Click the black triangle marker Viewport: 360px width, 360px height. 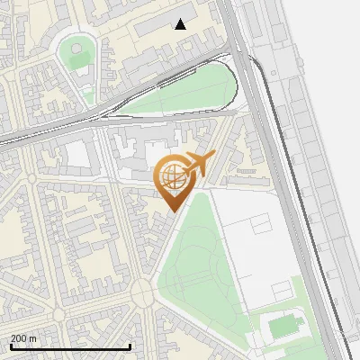[181, 24]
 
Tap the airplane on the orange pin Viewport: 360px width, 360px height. [199, 164]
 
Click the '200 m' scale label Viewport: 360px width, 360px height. [24, 338]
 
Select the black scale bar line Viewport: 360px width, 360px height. [70, 346]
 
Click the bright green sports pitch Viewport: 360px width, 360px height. [286, 326]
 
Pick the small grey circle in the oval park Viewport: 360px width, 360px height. [76, 48]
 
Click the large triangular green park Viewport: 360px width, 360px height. [202, 270]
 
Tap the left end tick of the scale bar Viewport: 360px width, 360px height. [12, 346]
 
